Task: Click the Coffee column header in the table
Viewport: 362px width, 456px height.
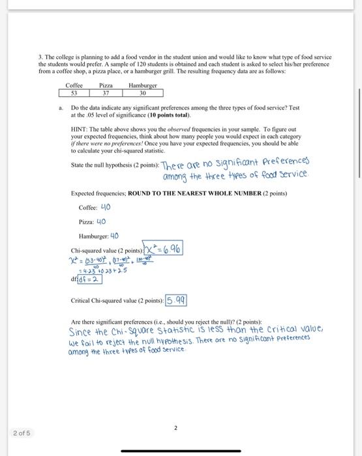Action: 74,85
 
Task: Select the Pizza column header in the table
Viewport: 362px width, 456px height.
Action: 106,85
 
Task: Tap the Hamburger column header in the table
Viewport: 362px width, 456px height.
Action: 143,85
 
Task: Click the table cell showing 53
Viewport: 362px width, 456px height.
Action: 74,93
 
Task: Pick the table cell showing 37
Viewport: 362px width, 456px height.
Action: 106,93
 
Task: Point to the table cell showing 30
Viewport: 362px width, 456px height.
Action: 143,93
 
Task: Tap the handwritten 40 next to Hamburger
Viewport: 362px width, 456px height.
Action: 114,236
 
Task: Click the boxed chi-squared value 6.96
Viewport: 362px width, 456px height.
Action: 166,249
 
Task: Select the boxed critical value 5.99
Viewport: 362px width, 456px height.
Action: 176,300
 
